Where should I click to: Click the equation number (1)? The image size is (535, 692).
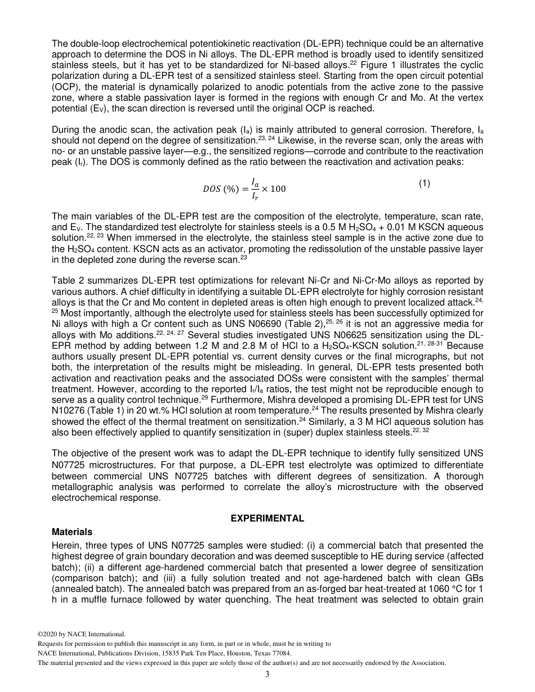point(425,183)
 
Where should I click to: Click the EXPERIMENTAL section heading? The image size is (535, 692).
point(267,519)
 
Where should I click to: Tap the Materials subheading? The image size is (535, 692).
point(72,532)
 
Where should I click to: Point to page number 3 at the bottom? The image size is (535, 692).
point(267,675)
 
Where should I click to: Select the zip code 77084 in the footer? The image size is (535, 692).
point(279,653)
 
